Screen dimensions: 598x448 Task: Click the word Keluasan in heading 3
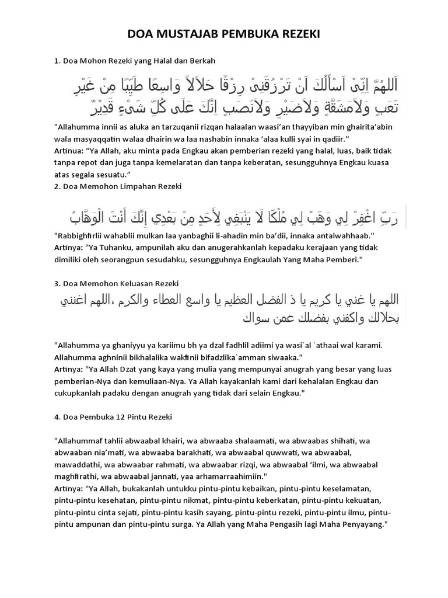click(133, 283)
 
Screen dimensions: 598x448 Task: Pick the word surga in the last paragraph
click(186, 524)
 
